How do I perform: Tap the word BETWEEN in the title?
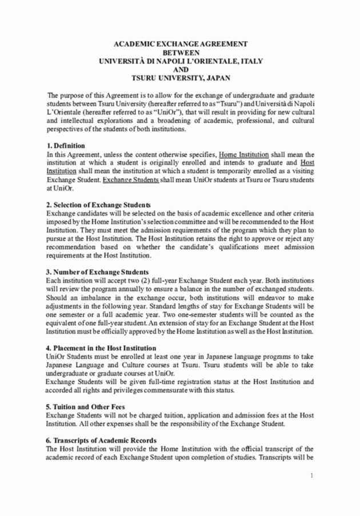[180, 51]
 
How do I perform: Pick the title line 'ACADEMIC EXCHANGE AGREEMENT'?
[180, 43]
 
